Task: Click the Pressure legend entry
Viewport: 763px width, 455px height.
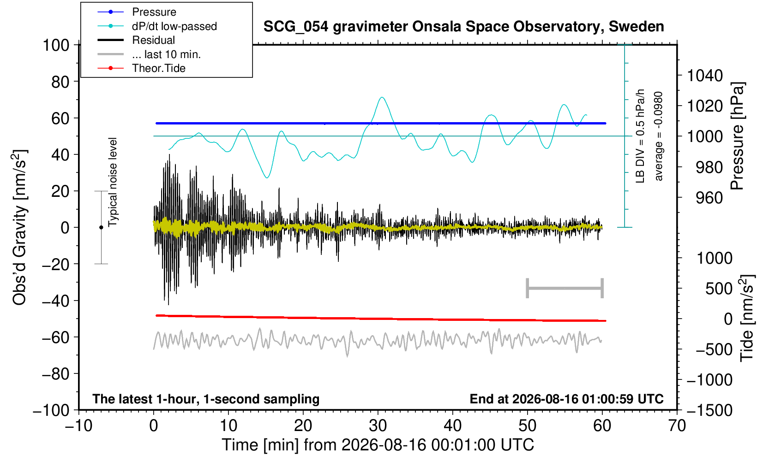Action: click(137, 12)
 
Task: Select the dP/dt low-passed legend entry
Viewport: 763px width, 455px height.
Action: click(157, 26)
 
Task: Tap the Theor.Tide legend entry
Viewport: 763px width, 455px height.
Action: click(141, 68)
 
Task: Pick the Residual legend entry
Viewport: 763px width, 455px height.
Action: click(136, 40)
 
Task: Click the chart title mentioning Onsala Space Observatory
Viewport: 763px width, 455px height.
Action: click(463, 27)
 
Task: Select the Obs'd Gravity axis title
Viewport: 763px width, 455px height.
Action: click(19, 227)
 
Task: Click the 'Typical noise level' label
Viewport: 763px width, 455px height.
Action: click(113, 183)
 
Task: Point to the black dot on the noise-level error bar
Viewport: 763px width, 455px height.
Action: click(101, 227)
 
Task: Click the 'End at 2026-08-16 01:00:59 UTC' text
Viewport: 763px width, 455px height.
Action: click(566, 399)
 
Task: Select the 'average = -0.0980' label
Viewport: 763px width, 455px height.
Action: click(659, 136)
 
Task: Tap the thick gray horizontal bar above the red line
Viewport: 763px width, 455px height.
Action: click(565, 288)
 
